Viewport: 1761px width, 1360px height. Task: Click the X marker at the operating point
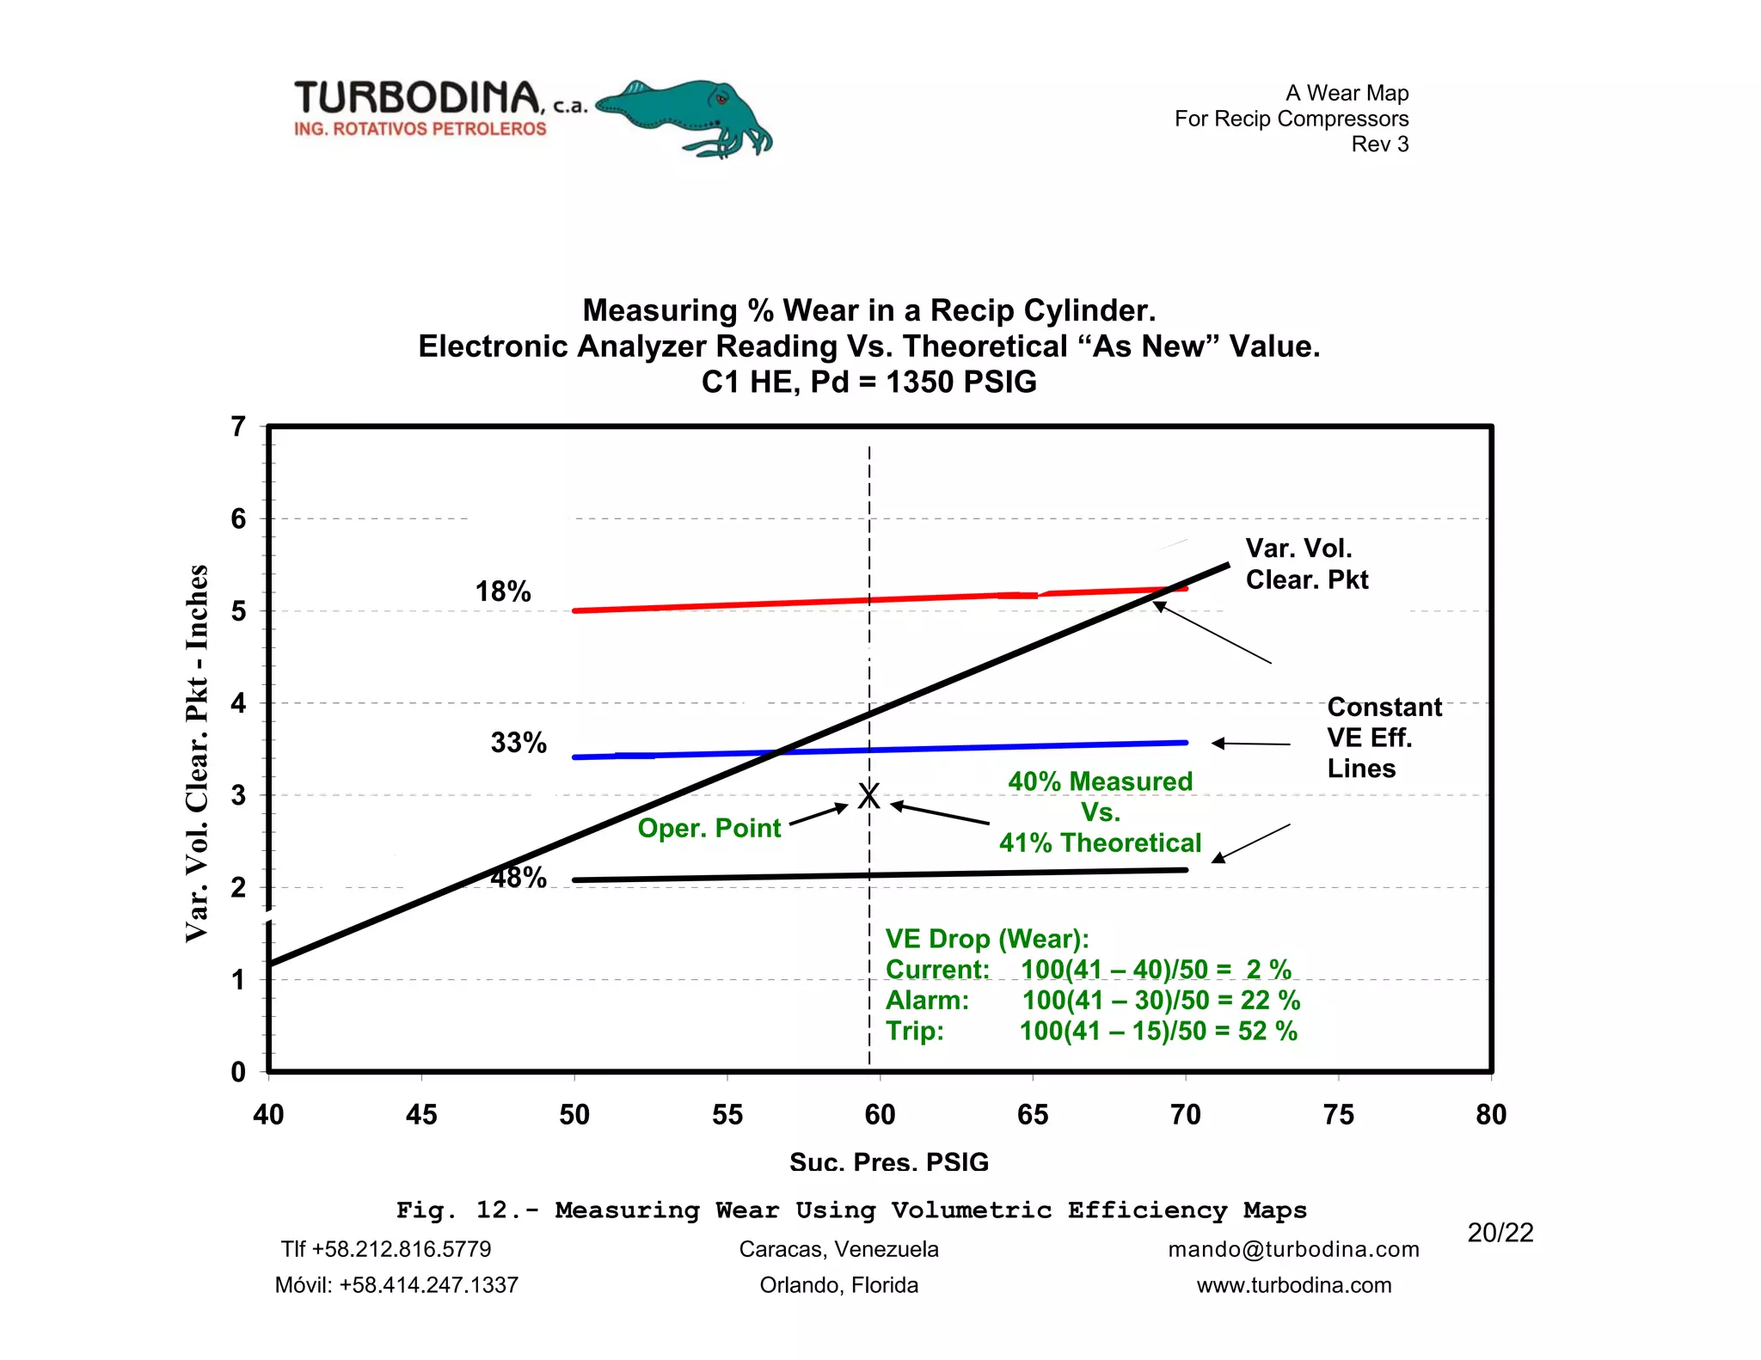pyautogui.click(x=869, y=796)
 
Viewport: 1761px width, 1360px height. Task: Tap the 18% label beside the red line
pyautogui.click(x=503, y=591)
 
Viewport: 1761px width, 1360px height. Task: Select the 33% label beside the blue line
pyautogui.click(x=518, y=743)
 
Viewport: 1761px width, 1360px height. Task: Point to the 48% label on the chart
pyautogui.click(x=518, y=878)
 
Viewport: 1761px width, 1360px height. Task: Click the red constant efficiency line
pyautogui.click(x=774, y=603)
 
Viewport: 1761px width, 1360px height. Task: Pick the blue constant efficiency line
pyautogui.click(x=946, y=748)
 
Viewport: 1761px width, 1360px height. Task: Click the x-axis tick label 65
pyautogui.click(x=1033, y=1115)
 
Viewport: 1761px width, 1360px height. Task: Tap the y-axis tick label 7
pyautogui.click(x=238, y=426)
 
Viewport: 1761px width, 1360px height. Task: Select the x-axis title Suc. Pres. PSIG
pyautogui.click(x=889, y=1162)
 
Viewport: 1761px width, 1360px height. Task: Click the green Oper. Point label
pyautogui.click(x=709, y=828)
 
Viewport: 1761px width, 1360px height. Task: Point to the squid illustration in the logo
pyautogui.click(x=688, y=118)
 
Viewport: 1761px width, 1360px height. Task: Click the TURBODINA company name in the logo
pyautogui.click(x=418, y=98)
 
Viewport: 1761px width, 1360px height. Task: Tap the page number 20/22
pyautogui.click(x=1500, y=1233)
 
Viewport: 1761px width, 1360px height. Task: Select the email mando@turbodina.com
pyautogui.click(x=1293, y=1249)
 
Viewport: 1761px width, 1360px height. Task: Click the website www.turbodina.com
pyautogui.click(x=1293, y=1285)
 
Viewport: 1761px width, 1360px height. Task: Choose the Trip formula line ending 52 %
pyautogui.click(x=1091, y=1031)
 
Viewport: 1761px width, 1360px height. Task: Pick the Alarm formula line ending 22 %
pyautogui.click(x=1092, y=1000)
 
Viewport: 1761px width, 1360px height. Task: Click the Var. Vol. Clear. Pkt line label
pyautogui.click(x=1306, y=564)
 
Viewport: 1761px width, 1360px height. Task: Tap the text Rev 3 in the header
pyautogui.click(x=1379, y=144)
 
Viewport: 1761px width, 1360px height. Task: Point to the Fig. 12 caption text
pyautogui.click(x=851, y=1210)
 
